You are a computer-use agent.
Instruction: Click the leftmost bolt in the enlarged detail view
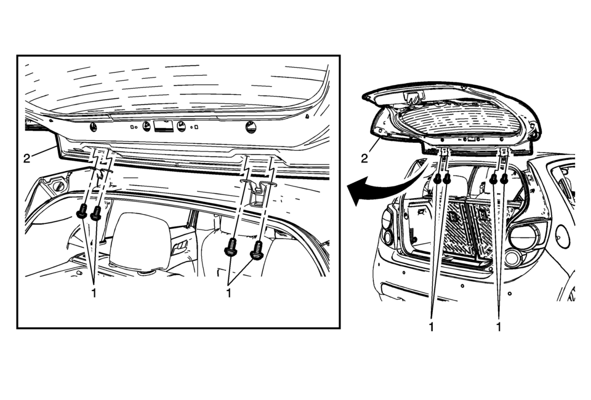click(x=81, y=213)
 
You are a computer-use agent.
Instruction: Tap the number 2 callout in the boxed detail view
click(x=26, y=158)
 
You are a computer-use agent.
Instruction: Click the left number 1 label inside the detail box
click(x=94, y=294)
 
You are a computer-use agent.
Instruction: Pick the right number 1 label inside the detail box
click(x=228, y=294)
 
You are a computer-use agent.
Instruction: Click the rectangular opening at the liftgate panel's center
click(x=163, y=127)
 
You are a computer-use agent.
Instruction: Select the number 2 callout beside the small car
click(x=364, y=159)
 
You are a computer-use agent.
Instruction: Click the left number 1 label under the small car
click(x=431, y=327)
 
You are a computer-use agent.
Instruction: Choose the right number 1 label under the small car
click(x=498, y=327)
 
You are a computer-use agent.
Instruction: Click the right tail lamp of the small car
click(x=523, y=238)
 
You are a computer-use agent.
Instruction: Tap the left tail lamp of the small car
click(x=387, y=225)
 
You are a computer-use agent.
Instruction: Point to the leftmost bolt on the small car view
click(x=437, y=179)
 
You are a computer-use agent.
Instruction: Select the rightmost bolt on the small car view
click(x=505, y=179)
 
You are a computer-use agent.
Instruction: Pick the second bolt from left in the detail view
click(x=96, y=214)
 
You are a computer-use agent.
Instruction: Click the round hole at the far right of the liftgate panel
click(x=249, y=127)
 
